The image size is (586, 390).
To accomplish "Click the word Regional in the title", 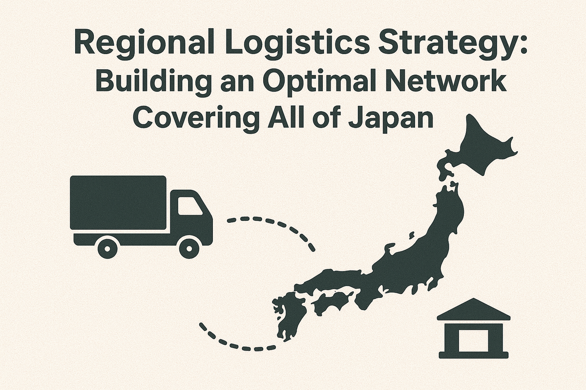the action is click(145, 46).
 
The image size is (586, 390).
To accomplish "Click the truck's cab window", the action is click(189, 206).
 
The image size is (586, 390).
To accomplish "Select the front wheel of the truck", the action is click(189, 248).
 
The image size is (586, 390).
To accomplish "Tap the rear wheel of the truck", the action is click(107, 248).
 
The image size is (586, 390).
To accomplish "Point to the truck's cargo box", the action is click(118, 203).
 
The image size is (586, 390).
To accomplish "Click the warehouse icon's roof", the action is click(474, 309).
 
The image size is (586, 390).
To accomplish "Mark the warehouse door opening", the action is click(474, 340).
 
